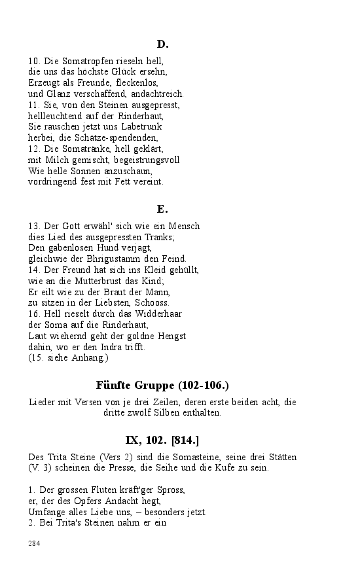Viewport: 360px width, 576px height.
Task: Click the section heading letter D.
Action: click(162, 44)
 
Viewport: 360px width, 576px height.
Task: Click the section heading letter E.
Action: click(162, 209)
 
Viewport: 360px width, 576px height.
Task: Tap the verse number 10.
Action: click(34, 62)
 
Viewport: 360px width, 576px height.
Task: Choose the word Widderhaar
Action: click(158, 314)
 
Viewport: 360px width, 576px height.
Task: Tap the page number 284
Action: click(35, 543)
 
